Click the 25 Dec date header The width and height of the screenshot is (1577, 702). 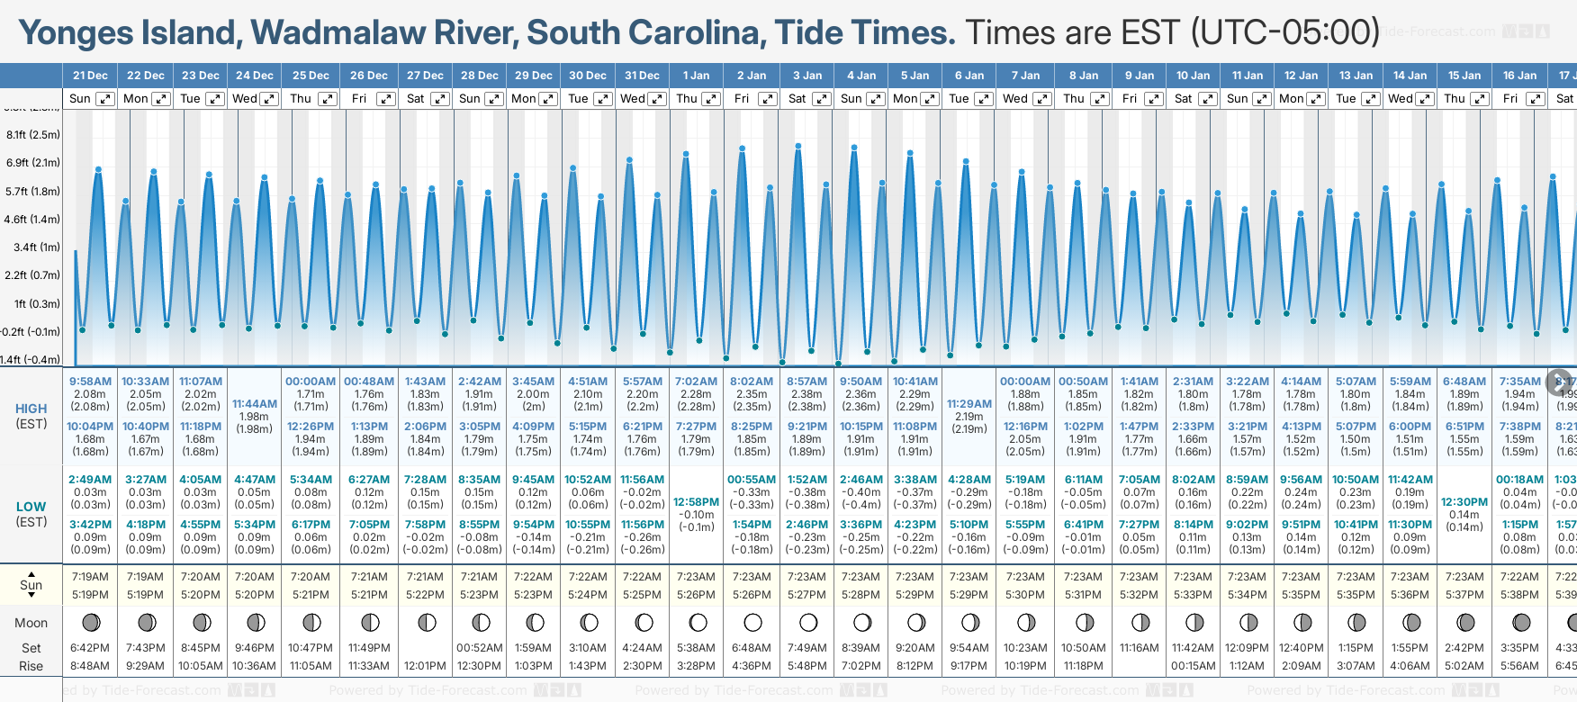click(311, 76)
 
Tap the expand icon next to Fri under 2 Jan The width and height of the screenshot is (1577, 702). click(768, 99)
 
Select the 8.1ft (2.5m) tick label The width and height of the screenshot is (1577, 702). click(33, 135)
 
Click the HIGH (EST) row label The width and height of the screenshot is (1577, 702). click(32, 416)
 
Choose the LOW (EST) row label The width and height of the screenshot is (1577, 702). click(32, 514)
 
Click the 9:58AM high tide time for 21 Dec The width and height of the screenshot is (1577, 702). click(90, 382)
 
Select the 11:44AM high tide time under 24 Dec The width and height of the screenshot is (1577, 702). click(255, 404)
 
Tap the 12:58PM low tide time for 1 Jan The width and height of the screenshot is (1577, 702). click(697, 502)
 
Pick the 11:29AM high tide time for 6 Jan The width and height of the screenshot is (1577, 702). click(969, 404)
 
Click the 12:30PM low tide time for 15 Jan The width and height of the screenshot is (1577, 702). click(1464, 502)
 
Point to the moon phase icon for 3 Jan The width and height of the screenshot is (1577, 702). click(807, 622)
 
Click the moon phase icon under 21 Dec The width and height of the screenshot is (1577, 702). click(90, 622)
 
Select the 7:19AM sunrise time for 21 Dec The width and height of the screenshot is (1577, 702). click(90, 577)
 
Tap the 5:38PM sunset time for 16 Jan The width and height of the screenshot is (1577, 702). click(1519, 595)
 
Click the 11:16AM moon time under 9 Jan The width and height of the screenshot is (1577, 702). click(1139, 648)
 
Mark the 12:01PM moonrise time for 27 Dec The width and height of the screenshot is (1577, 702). click(425, 666)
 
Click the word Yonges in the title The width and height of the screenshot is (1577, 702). click(76, 33)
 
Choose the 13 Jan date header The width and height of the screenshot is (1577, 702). click(1356, 76)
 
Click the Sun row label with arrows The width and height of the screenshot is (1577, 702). click(32, 584)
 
